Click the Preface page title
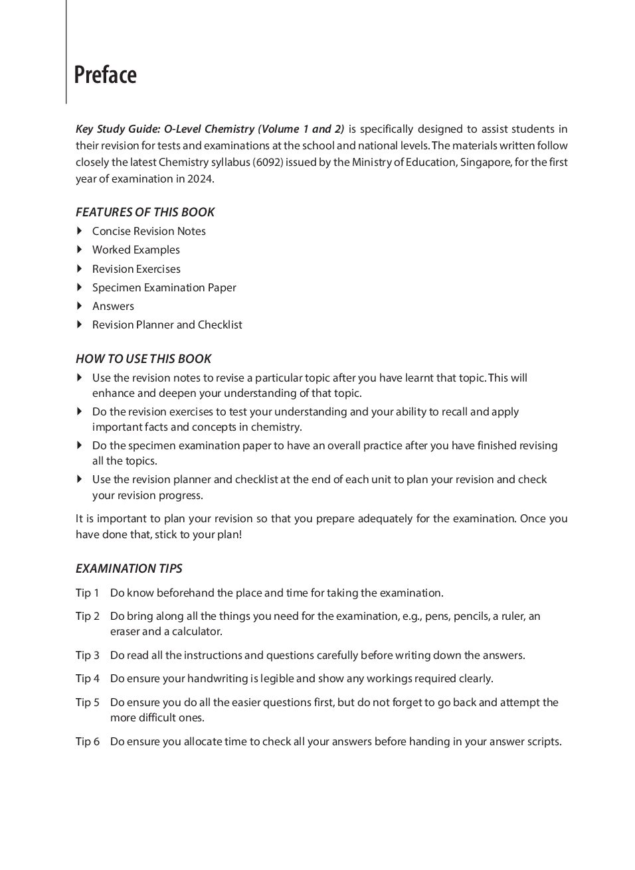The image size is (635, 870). [x=105, y=75]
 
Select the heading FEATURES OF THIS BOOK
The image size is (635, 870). [x=145, y=212]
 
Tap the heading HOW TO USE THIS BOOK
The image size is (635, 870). [x=143, y=359]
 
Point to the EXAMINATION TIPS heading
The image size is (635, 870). [x=129, y=569]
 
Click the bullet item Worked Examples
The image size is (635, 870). [x=136, y=250]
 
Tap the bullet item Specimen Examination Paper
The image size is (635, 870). [x=164, y=287]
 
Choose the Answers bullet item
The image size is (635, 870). [x=113, y=306]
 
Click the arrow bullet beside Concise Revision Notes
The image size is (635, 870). [x=79, y=231]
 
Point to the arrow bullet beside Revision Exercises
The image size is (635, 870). [x=79, y=269]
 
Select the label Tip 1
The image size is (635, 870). [x=87, y=593]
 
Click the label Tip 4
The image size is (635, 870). [x=87, y=679]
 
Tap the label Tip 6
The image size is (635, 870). [x=87, y=742]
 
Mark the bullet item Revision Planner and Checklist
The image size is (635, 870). [x=167, y=325]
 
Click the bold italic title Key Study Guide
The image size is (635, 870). [x=118, y=129]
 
